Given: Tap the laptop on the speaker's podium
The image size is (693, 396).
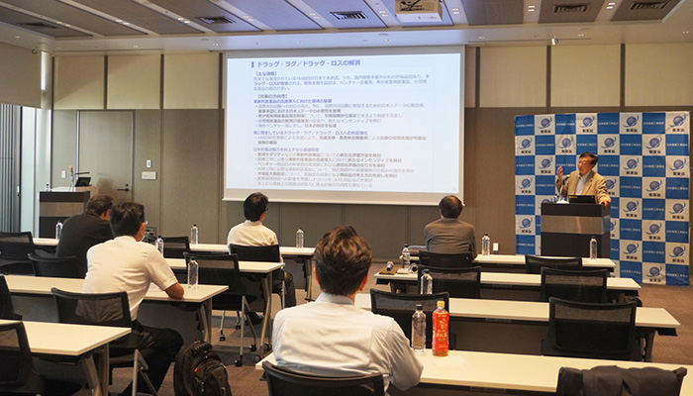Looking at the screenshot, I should point(581,199).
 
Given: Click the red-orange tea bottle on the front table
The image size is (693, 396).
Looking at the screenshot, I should point(441,329).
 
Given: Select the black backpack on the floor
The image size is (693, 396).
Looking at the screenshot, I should point(201,370).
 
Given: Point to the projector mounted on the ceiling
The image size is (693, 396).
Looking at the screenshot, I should point(418,10).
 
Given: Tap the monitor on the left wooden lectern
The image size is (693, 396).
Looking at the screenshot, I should point(82,180).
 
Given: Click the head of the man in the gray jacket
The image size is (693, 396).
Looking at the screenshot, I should point(450,207).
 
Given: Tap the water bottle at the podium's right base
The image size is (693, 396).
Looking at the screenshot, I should point(593,248).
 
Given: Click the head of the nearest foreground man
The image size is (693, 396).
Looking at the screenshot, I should point(343,259).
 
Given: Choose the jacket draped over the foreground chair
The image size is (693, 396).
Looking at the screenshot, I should point(620,381).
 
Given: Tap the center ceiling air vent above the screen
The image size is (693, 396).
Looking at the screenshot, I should point(347,15).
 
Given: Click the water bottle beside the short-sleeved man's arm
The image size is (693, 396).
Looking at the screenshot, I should point(192,272).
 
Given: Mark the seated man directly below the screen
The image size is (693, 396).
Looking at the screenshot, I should point(255,228).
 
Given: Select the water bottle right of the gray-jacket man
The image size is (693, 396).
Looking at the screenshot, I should point(485,245).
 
